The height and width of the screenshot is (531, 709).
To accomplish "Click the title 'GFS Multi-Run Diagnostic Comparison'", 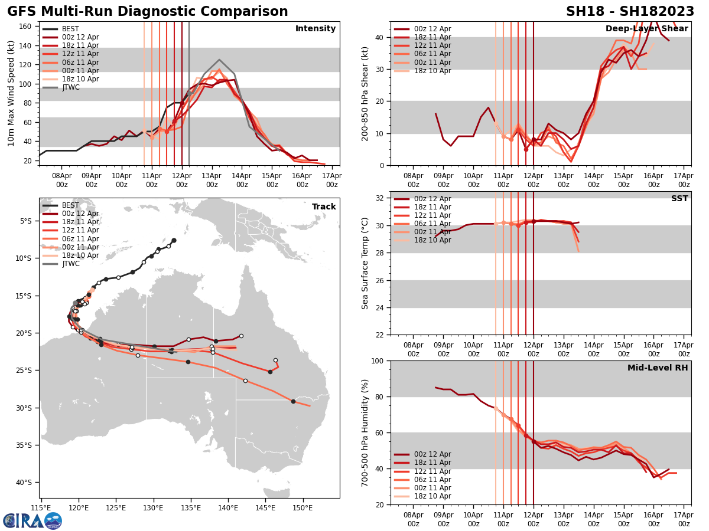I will [148, 12].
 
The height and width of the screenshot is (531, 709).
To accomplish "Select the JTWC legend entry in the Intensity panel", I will [70, 87].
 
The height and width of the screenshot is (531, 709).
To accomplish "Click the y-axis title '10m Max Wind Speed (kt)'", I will [11, 93].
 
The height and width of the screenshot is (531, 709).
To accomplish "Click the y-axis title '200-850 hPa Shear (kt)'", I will [366, 93].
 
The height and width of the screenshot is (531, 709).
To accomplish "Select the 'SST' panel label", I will [679, 199].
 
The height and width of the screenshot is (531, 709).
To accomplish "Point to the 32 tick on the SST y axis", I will [381, 198].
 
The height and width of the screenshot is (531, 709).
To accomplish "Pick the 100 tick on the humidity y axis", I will [378, 360].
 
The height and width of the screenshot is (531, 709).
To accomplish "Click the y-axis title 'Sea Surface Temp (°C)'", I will [366, 263].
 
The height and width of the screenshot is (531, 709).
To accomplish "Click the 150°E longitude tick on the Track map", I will [303, 507].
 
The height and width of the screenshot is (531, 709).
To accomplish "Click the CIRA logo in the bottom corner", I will [32, 520].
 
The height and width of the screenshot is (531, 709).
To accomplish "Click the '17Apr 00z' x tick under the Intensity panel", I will [332, 179].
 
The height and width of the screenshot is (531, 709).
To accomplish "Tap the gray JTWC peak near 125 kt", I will [219, 60].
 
